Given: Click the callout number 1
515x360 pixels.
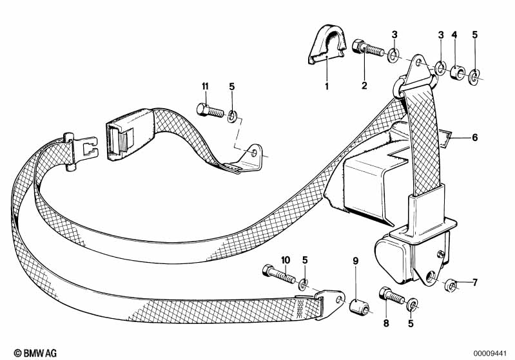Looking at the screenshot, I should click(326, 86).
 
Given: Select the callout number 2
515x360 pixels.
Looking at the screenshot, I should click(364, 86).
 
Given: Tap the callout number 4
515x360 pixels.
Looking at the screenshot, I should click(454, 34).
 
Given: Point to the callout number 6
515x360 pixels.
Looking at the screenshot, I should click(475, 137).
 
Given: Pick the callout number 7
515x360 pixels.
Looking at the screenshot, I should click(475, 281).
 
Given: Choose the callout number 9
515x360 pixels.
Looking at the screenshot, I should click(354, 260).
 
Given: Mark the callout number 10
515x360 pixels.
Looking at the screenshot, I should click(286, 260).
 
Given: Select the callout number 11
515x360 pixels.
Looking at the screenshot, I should click(205, 86).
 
